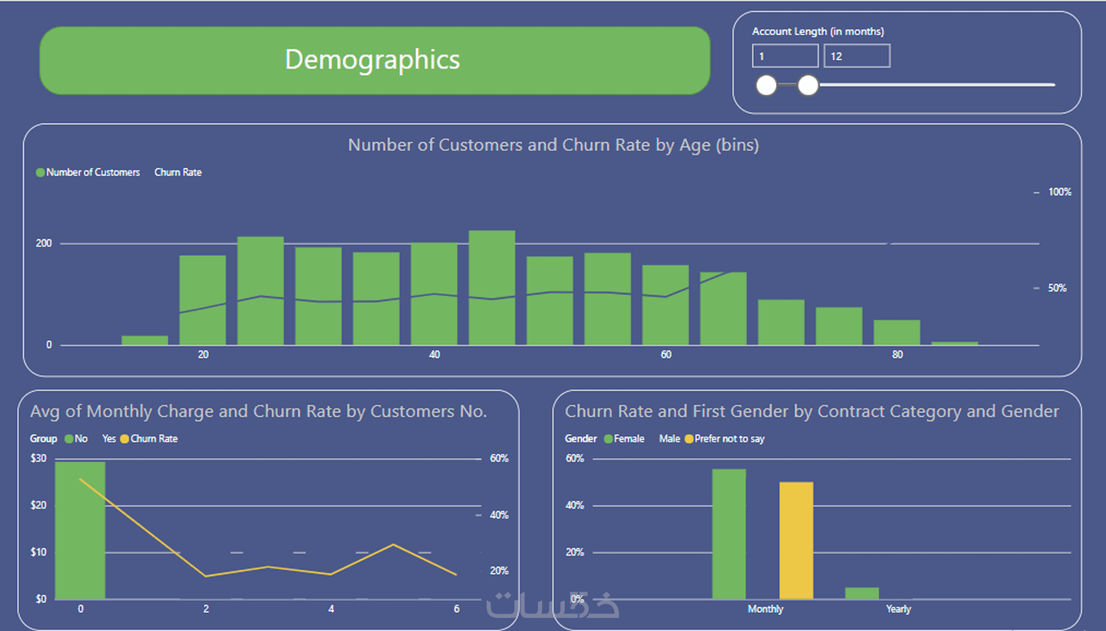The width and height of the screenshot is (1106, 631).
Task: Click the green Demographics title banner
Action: [x=375, y=60]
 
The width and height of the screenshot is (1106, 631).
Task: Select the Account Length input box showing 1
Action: [x=785, y=56]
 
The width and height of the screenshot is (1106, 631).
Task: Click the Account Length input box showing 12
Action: [x=857, y=56]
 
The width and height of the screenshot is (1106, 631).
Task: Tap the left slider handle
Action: [x=766, y=85]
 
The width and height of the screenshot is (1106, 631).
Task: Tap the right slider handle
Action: [x=808, y=85]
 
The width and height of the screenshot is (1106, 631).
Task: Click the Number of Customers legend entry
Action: [x=88, y=172]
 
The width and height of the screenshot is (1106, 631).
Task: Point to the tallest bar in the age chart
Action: [x=492, y=288]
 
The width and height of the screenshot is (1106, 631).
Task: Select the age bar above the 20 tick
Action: [x=202, y=300]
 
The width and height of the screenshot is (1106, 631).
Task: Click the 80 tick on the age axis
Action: [x=897, y=355]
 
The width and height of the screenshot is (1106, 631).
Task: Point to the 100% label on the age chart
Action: [x=1060, y=192]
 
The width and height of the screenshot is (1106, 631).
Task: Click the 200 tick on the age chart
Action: [x=44, y=243]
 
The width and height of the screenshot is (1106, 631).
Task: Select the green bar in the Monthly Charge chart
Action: [x=80, y=530]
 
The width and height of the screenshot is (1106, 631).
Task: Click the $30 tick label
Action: [x=38, y=459]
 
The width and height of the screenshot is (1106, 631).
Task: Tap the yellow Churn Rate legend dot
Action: [x=124, y=439]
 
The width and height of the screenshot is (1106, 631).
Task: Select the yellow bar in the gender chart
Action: [x=796, y=541]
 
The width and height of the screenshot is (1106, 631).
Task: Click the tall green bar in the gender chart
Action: [x=729, y=534]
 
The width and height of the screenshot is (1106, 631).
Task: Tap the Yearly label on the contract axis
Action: [x=898, y=610]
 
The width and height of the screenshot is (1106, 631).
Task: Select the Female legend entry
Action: [x=624, y=439]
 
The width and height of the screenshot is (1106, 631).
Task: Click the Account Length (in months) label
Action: [x=818, y=32]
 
